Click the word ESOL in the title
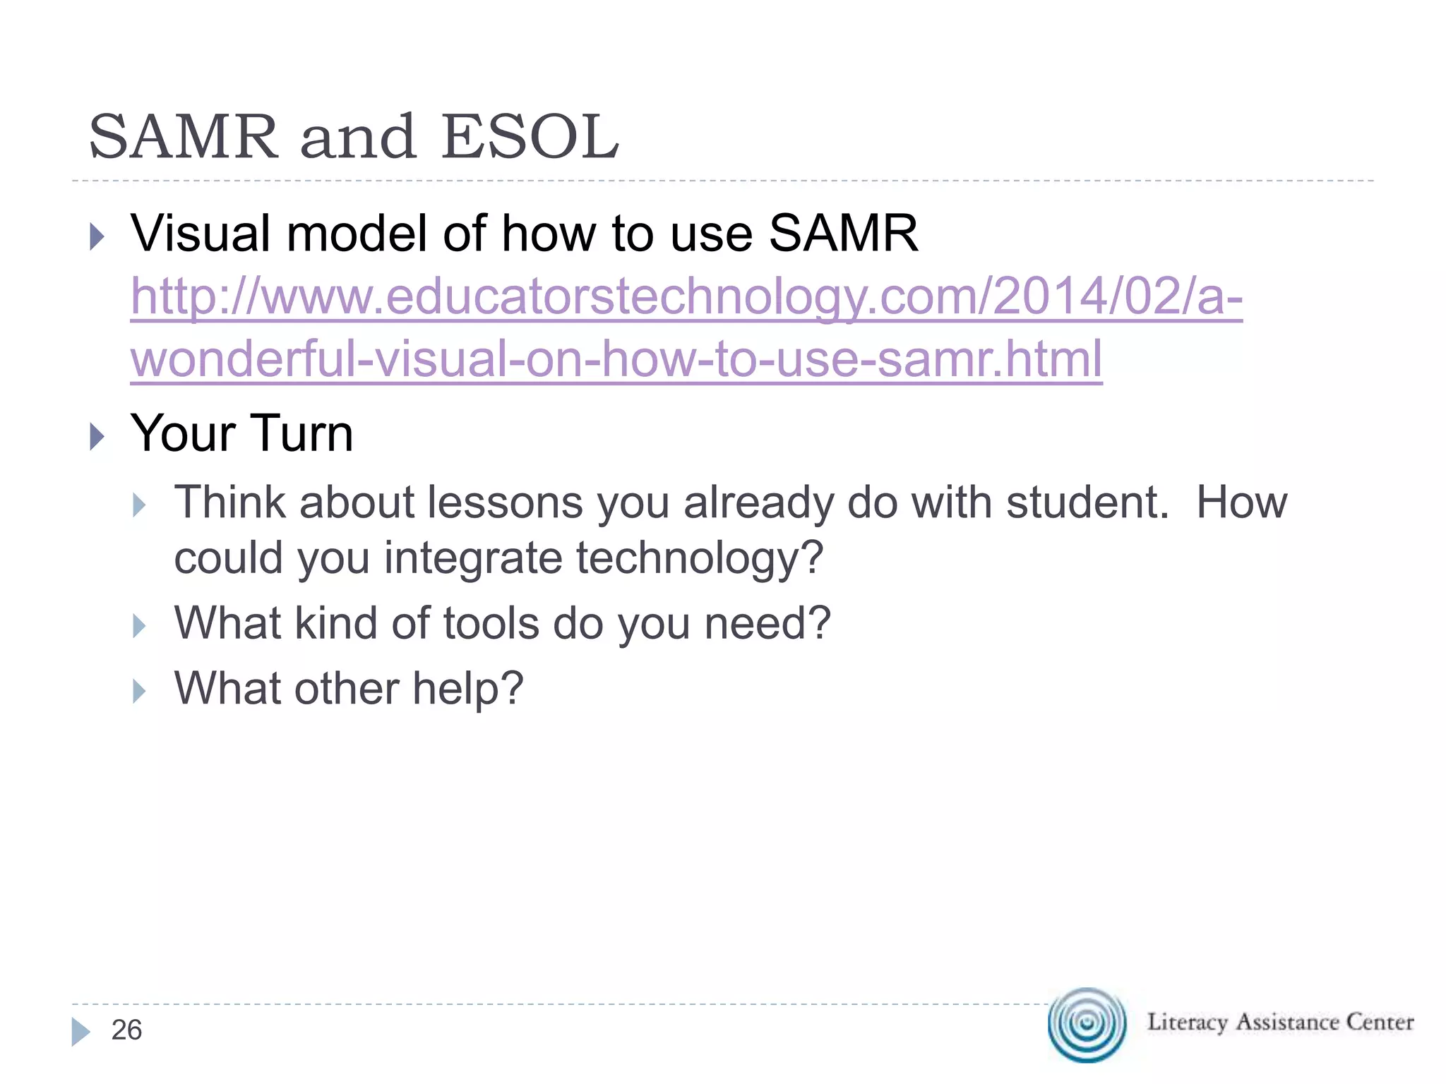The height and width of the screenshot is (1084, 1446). pyautogui.click(x=530, y=137)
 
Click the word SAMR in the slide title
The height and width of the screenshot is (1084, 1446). pyautogui.click(x=184, y=137)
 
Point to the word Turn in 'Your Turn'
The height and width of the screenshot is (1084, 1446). pyautogui.click(x=301, y=433)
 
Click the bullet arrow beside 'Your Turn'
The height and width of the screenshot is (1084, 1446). pyautogui.click(x=97, y=437)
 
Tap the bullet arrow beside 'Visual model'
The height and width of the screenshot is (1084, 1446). pyautogui.click(x=97, y=236)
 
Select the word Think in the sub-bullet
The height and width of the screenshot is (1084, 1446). pyautogui.click(x=230, y=502)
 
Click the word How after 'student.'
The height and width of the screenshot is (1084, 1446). pyautogui.click(x=1241, y=502)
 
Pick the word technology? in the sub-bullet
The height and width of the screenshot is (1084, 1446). pyautogui.click(x=700, y=558)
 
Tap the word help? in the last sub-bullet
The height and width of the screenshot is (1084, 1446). pyautogui.click(x=467, y=688)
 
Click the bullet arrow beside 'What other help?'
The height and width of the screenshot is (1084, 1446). pyautogui.click(x=139, y=692)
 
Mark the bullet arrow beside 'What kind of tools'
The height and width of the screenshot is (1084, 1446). pyautogui.click(x=139, y=626)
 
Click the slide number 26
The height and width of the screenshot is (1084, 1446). pyautogui.click(x=127, y=1030)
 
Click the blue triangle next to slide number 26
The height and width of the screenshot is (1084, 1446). pyautogui.click(x=80, y=1032)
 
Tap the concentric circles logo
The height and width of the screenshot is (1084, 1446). pyautogui.click(x=1087, y=1024)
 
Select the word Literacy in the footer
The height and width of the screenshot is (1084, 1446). pyautogui.click(x=1187, y=1022)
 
